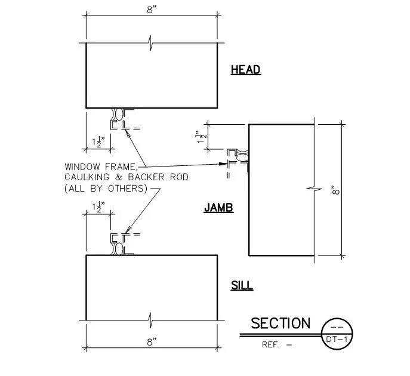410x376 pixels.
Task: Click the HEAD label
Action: (246, 70)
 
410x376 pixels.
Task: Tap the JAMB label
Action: (218, 208)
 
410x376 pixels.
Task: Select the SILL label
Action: (242, 285)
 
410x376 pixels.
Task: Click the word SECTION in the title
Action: (280, 323)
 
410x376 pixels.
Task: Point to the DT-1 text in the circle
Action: (337, 340)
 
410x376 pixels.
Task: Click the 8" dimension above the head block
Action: (152, 10)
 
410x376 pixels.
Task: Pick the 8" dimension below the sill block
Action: (152, 342)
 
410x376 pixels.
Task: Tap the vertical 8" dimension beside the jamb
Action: (335, 190)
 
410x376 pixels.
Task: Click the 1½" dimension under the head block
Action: (98, 141)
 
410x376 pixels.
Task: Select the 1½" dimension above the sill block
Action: (98, 207)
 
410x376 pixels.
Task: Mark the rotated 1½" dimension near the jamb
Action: (202, 137)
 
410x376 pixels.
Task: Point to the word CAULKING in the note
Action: (87, 177)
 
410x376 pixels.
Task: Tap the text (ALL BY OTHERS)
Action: (106, 189)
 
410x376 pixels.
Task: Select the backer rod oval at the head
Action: (119, 115)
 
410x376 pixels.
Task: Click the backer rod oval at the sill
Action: (119, 249)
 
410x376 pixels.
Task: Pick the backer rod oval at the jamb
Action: (242, 157)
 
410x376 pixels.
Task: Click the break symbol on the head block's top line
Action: (150, 42)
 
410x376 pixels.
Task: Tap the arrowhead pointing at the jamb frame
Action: (223, 164)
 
